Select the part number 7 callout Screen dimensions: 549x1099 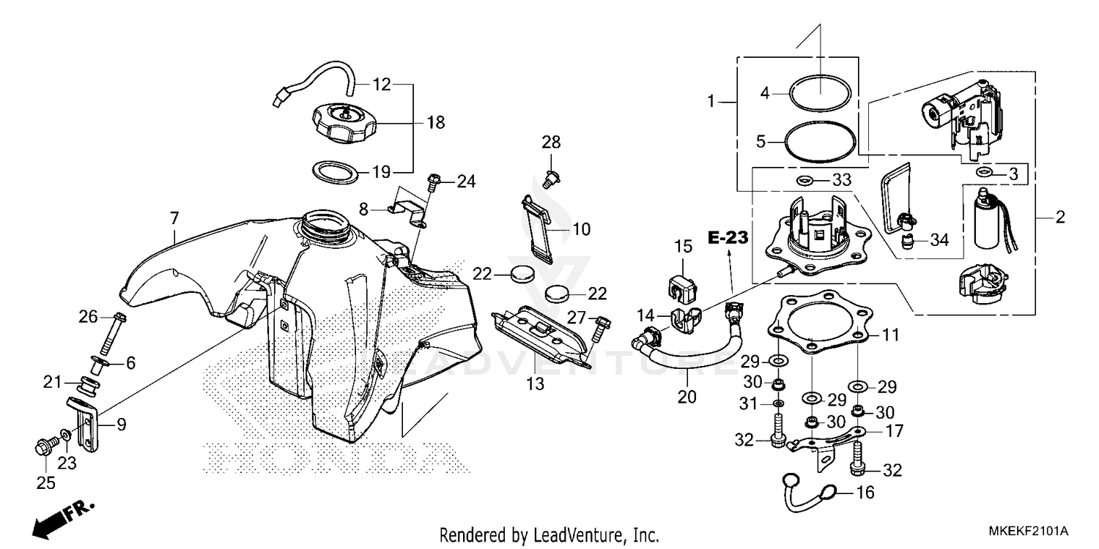click(174, 217)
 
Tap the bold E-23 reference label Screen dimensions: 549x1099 click(728, 237)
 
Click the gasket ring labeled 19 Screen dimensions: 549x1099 click(337, 172)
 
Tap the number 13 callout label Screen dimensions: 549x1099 click(536, 384)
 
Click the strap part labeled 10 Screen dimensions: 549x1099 click(541, 229)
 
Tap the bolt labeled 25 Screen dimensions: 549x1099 click(44, 446)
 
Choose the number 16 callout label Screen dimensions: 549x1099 click(865, 493)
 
